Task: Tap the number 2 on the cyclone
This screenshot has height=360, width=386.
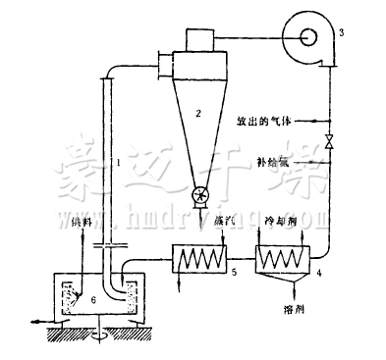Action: tap(197, 115)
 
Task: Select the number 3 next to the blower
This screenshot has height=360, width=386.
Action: tap(341, 33)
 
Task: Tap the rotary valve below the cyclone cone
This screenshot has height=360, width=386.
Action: tap(200, 196)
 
